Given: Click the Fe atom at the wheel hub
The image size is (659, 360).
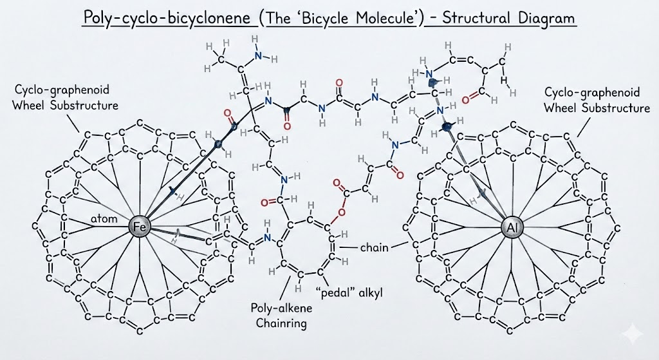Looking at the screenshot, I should (138, 227).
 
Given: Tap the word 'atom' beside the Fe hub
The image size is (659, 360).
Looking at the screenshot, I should (104, 220).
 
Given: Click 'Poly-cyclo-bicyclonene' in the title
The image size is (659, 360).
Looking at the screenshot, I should (169, 17).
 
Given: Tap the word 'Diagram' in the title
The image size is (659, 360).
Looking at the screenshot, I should (545, 17).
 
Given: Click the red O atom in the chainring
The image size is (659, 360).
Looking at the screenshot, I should (342, 211).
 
